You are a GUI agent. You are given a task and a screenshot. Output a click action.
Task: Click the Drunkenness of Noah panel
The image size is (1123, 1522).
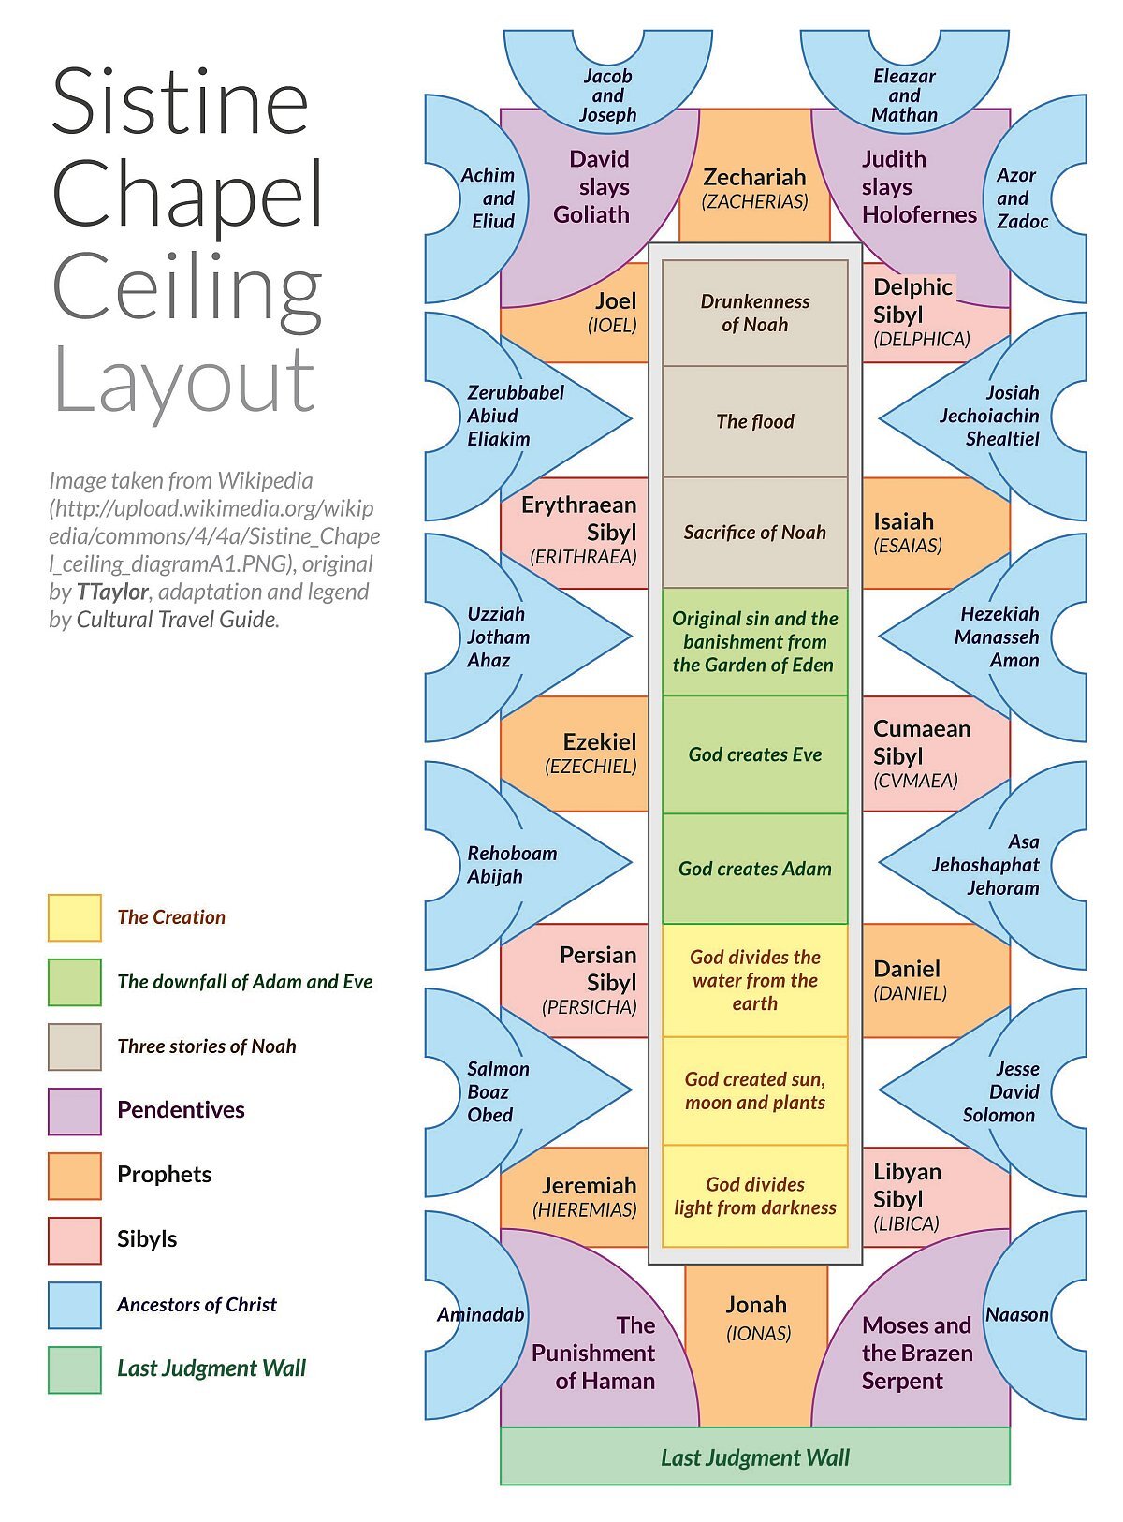[754, 313]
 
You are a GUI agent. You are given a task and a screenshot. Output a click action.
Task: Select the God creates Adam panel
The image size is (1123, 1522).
[754, 869]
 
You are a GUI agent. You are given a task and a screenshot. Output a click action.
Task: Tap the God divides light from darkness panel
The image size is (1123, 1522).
[754, 1196]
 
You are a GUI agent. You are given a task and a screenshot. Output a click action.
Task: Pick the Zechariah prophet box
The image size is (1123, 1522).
[754, 186]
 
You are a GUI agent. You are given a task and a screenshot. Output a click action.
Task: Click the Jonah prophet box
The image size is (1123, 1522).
[756, 1317]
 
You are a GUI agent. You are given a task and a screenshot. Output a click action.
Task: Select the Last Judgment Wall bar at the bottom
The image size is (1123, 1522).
[754, 1457]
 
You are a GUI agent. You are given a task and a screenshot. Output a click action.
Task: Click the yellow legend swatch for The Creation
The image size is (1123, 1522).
[75, 917]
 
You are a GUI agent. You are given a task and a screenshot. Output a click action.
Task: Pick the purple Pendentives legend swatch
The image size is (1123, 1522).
[75, 1111]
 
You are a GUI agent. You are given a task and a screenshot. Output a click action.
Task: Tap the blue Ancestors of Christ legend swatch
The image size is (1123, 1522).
[75, 1305]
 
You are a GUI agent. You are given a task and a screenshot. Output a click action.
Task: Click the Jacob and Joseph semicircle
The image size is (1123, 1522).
[607, 95]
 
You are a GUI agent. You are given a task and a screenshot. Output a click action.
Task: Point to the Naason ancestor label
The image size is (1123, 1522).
[1016, 1315]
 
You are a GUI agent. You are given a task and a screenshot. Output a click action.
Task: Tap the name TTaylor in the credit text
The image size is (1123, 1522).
[112, 592]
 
